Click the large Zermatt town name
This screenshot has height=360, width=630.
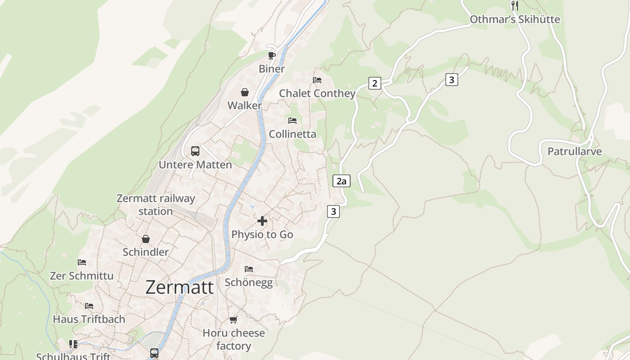[x=180, y=287]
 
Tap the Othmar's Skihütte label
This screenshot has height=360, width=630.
[x=515, y=19]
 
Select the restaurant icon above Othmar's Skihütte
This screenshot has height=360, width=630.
[x=515, y=6]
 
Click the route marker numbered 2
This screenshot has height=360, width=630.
[x=374, y=83]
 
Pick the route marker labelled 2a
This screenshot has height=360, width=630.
[x=341, y=181]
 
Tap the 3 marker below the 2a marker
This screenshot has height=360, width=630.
[x=333, y=211]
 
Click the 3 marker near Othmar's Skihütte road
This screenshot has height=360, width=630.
[x=451, y=80]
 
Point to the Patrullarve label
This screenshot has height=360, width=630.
[x=574, y=151]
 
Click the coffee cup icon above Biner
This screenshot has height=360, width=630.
[x=271, y=55]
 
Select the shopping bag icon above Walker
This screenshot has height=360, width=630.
[x=244, y=92]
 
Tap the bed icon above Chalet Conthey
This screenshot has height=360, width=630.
[x=317, y=80]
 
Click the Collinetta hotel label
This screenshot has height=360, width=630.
[x=292, y=134]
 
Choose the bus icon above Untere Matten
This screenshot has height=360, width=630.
[x=195, y=151]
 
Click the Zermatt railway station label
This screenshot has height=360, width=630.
[x=156, y=205]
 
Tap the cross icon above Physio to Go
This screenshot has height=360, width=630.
[x=262, y=221]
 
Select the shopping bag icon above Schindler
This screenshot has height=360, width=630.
[x=146, y=239]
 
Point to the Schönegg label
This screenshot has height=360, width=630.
[x=248, y=282]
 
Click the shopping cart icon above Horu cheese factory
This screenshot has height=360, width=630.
[x=233, y=319]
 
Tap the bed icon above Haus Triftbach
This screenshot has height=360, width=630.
[x=89, y=306]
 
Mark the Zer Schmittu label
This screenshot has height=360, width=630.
[x=81, y=275]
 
